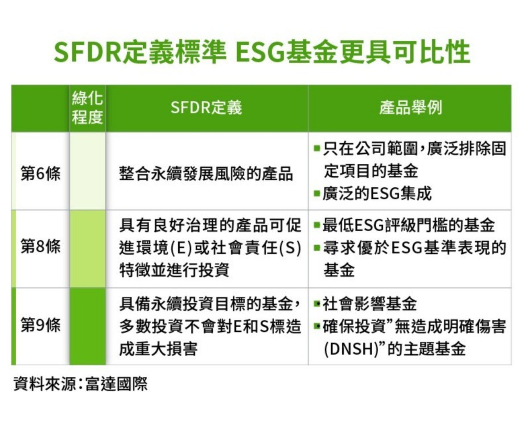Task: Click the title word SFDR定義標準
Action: (x=139, y=52)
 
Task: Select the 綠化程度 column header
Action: (x=87, y=108)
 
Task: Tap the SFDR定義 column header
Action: (x=206, y=108)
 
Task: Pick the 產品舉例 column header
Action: (x=410, y=108)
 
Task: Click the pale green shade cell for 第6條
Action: (x=87, y=171)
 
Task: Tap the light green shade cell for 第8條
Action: (x=87, y=248)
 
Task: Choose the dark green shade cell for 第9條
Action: (x=87, y=326)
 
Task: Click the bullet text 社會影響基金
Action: (x=370, y=304)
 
